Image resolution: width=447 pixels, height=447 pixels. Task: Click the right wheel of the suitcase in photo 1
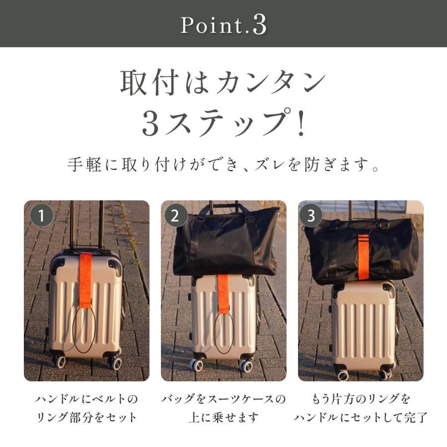(x=116, y=363)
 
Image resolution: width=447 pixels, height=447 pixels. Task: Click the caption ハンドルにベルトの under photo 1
(x=86, y=399)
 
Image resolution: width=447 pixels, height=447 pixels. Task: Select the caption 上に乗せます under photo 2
(x=223, y=417)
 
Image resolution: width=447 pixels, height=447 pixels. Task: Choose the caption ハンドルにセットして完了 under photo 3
(x=361, y=417)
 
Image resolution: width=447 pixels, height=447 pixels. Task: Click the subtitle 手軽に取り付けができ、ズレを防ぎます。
(x=223, y=165)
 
